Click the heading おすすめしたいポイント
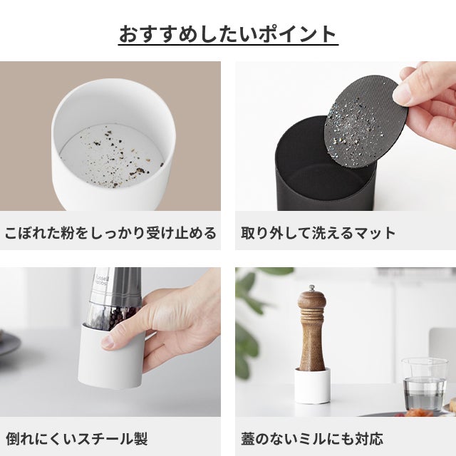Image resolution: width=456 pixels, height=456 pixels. pos(228,34)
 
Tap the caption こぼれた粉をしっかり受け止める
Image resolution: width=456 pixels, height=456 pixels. pos(110,233)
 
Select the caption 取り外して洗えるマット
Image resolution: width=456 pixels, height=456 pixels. pos(318,233)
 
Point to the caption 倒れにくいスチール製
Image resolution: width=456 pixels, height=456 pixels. pos(76,439)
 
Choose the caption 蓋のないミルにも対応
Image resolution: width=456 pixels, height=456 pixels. pos(312,439)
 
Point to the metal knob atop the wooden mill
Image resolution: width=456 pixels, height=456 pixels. pos(312,288)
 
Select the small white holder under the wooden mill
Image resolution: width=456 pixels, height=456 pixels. pos(312,385)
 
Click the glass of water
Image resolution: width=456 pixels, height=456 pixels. pos(425,385)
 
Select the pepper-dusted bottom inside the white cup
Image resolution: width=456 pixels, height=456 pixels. pos(111,156)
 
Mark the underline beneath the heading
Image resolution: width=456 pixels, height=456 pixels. pos(228,44)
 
